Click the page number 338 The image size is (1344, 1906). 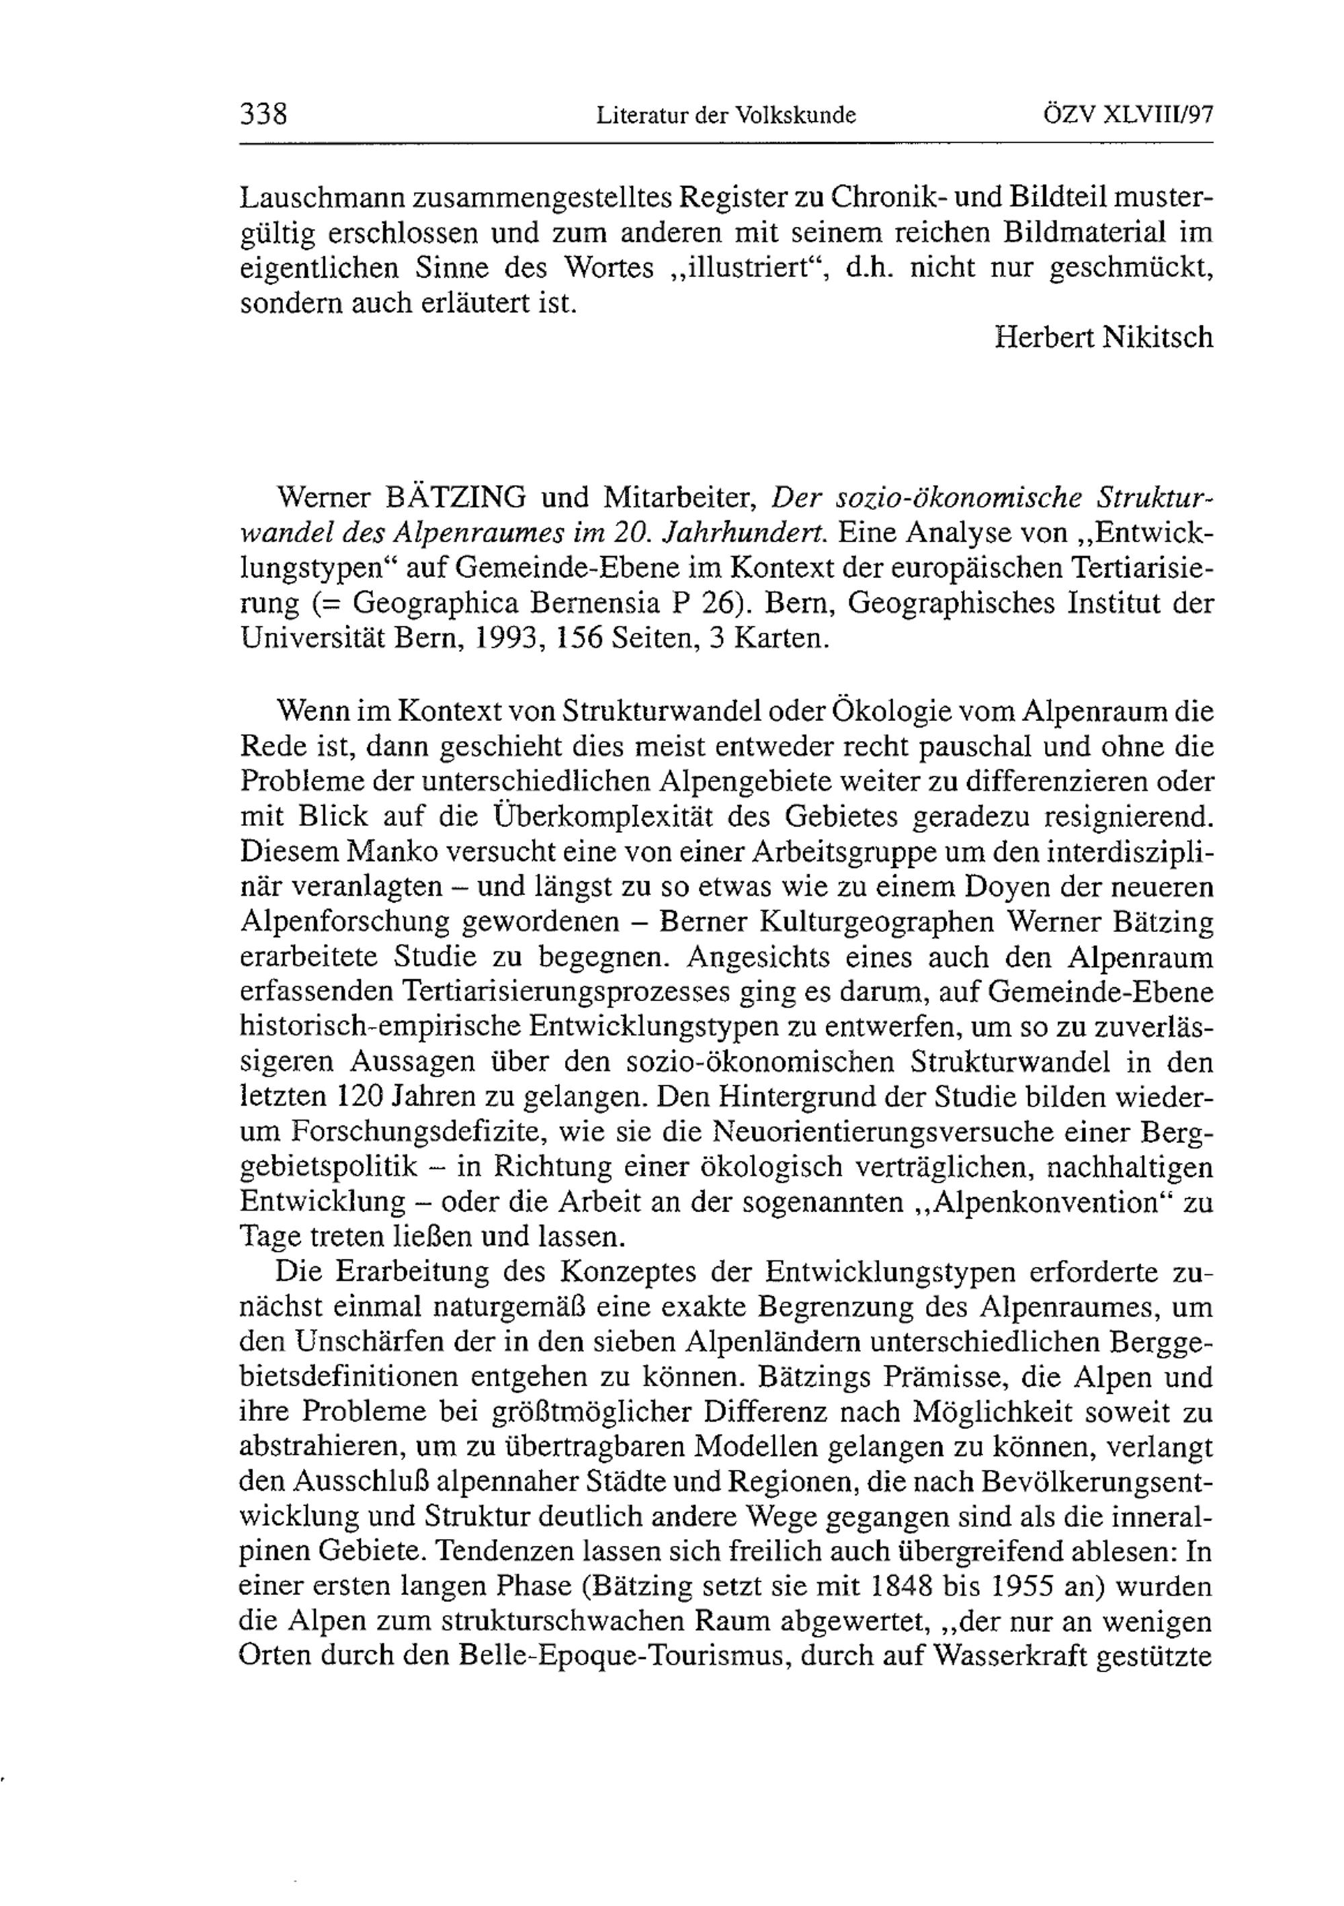(263, 113)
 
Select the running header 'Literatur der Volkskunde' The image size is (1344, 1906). (726, 116)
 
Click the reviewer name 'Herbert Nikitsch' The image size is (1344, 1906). (1104, 337)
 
